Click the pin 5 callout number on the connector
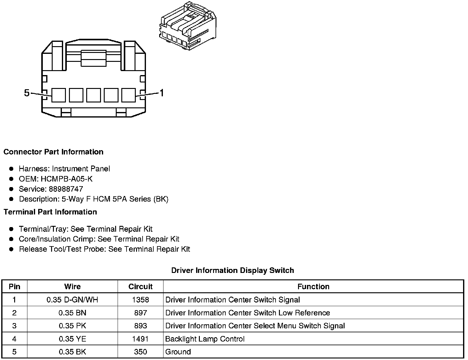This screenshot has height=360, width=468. (27, 93)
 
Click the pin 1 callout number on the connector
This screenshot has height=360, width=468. (161, 93)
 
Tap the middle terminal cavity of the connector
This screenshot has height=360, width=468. (93, 95)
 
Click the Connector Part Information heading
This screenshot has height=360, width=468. (53, 152)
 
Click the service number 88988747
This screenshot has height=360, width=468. (66, 189)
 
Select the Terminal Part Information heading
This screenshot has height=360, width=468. (50, 212)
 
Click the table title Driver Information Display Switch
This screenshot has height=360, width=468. (232, 270)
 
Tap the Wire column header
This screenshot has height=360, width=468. (72, 287)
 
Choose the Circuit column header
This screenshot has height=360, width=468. (140, 287)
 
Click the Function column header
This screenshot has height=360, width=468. (313, 287)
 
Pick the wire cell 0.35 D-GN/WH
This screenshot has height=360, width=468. (72, 300)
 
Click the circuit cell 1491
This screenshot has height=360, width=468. (140, 339)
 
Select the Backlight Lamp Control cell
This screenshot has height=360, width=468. (205, 339)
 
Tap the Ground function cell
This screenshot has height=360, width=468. (178, 352)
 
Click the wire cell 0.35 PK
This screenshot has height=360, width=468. (72, 326)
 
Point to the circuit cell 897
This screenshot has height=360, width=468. (140, 313)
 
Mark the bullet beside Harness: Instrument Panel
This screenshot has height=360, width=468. (11, 169)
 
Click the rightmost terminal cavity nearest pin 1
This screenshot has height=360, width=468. (128, 95)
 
